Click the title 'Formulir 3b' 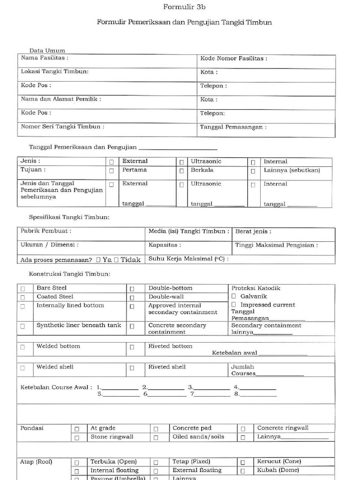click(184, 7)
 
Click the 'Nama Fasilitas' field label click(45, 58)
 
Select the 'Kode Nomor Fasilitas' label click(233, 59)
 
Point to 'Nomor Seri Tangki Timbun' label click(62, 127)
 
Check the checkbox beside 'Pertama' click(112, 171)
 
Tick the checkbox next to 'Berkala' click(181, 171)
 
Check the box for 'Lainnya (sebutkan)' click(253, 171)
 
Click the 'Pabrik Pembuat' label click(46, 231)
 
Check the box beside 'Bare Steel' click(23, 289)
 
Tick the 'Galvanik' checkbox click(234, 296)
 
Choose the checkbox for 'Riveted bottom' click(132, 347)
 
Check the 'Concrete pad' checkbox click(156, 429)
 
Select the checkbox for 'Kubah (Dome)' click(243, 471)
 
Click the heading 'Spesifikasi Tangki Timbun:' click(69, 217)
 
